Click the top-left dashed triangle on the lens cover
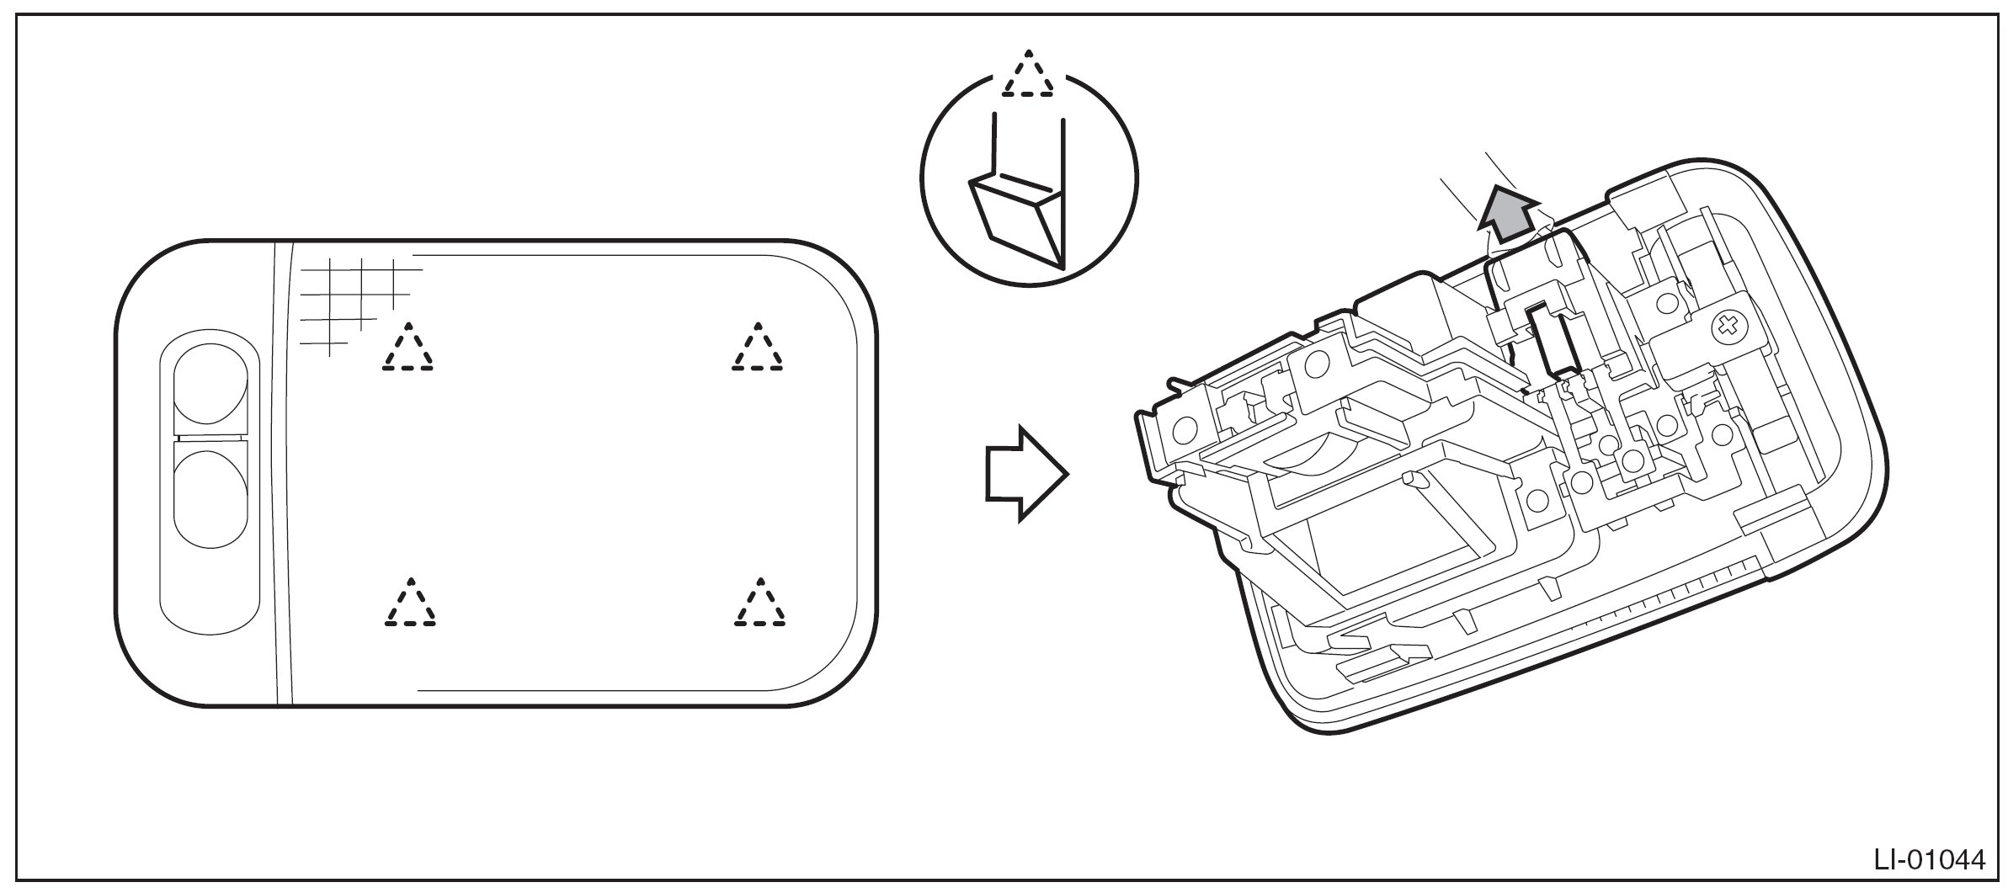(x=408, y=348)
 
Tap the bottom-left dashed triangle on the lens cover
(x=409, y=604)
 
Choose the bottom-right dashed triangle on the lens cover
(x=759, y=604)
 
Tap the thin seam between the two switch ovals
(x=211, y=439)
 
